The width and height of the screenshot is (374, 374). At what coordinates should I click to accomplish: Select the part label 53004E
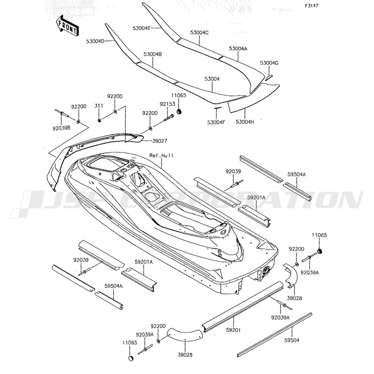click(x=142, y=29)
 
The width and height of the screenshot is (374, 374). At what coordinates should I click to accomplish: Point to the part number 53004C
click(x=199, y=32)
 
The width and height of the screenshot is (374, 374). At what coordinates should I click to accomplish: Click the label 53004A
click(x=238, y=49)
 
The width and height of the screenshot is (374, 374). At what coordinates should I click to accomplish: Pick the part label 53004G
click(x=269, y=63)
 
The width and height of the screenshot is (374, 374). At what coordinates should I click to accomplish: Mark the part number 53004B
click(x=153, y=54)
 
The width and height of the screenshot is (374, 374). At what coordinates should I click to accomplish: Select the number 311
click(x=100, y=106)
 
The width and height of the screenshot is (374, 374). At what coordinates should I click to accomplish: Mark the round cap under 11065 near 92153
click(x=180, y=114)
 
